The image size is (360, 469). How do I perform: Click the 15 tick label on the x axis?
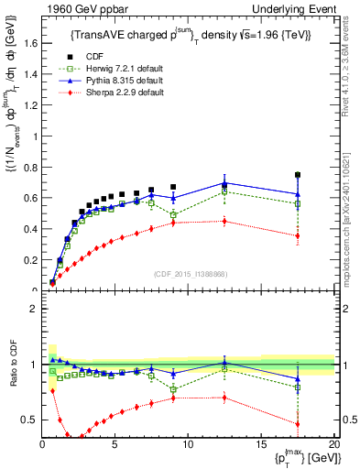(x=261, y=444)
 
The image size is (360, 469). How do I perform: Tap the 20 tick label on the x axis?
(x=333, y=444)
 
